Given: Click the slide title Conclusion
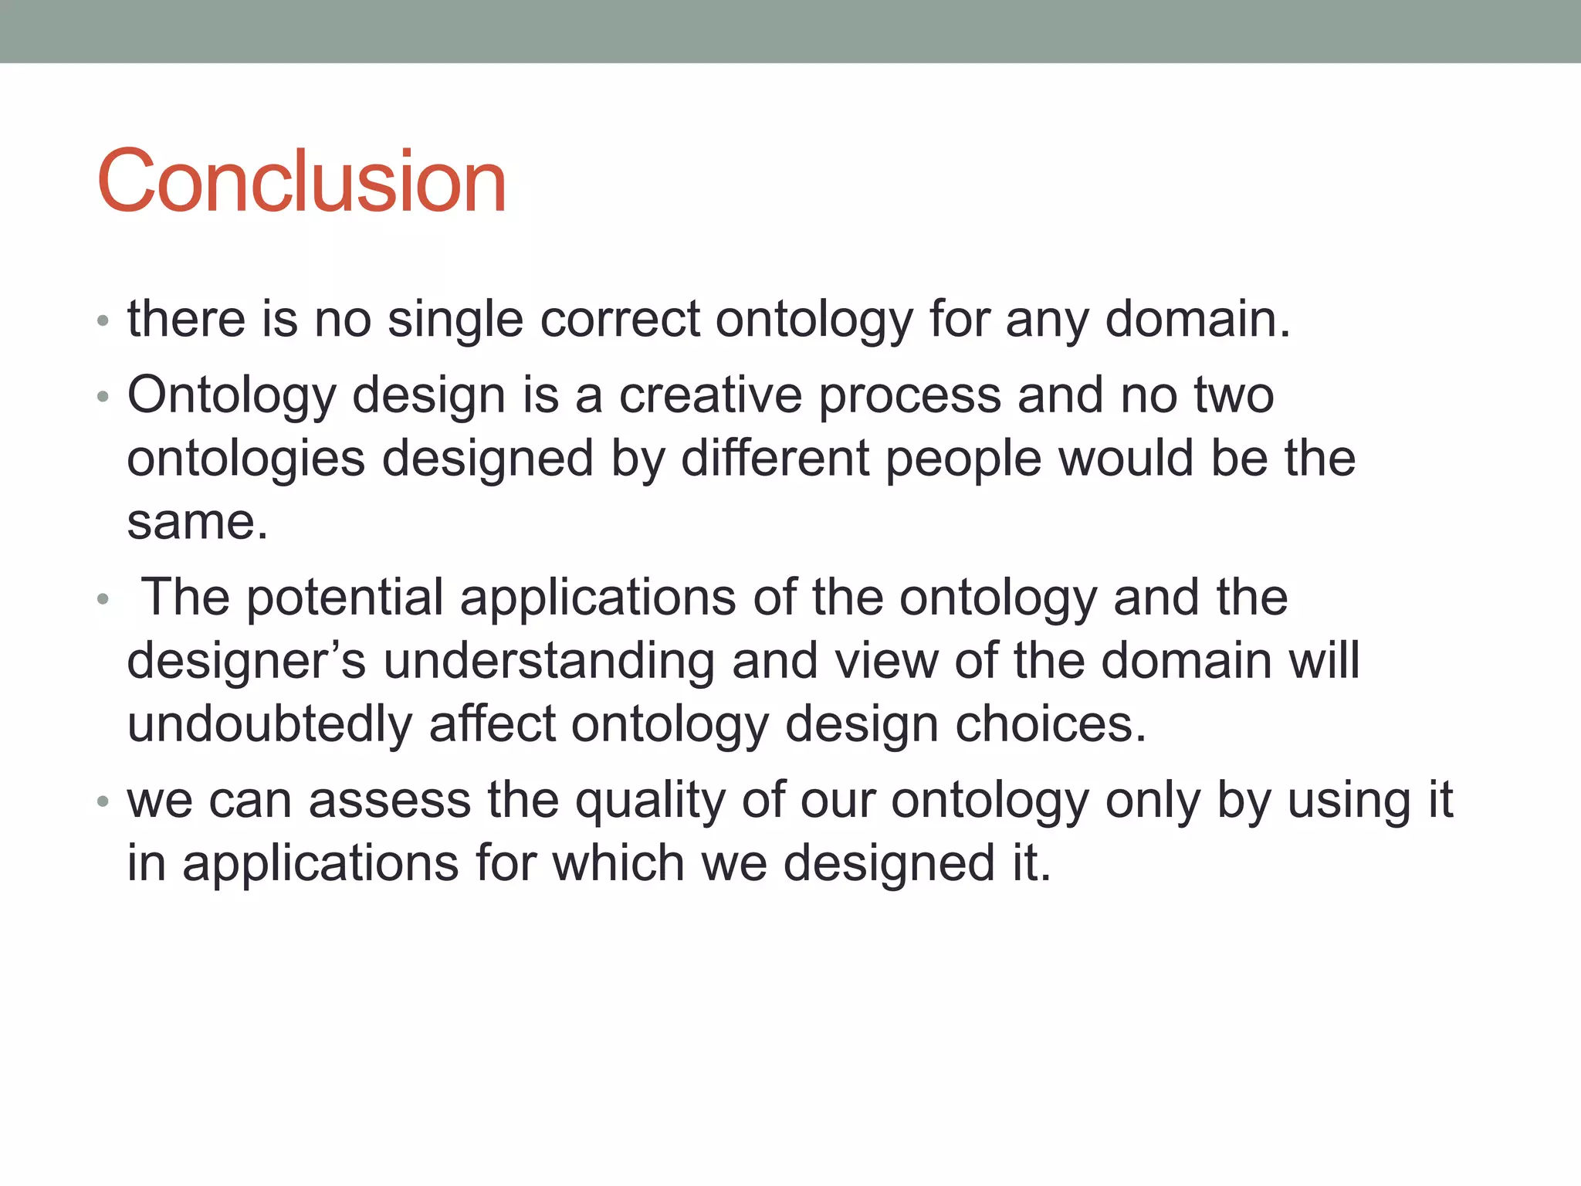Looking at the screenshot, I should (x=301, y=181).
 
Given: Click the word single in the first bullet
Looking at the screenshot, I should (x=455, y=320).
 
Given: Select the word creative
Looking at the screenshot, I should (x=710, y=395).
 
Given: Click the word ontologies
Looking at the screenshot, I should (x=245, y=460).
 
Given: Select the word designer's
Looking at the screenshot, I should (x=245, y=662).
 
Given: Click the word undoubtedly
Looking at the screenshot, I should (x=269, y=725).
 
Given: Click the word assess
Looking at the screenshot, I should (x=389, y=800).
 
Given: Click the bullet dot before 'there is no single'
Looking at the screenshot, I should (x=103, y=320).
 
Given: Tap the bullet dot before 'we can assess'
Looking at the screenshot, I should (x=103, y=801).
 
